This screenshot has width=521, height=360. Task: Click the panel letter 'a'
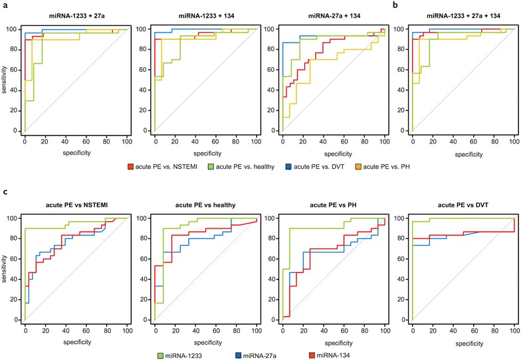4,5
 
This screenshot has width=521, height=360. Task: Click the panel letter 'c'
4,193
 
